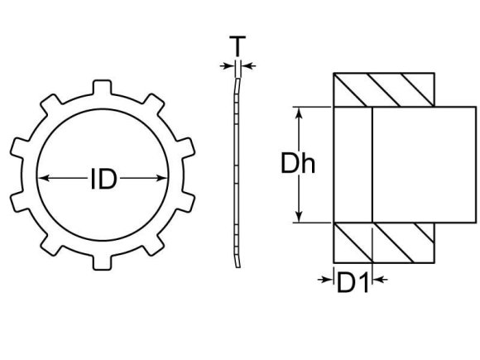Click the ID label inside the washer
pyautogui.click(x=103, y=178)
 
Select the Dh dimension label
pyautogui.click(x=299, y=164)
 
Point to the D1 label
pyautogui.click(x=353, y=283)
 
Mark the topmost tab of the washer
pyautogui.click(x=101, y=87)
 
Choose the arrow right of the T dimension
pyautogui.click(x=249, y=66)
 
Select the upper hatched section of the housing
pyautogui.click(x=383, y=89)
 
